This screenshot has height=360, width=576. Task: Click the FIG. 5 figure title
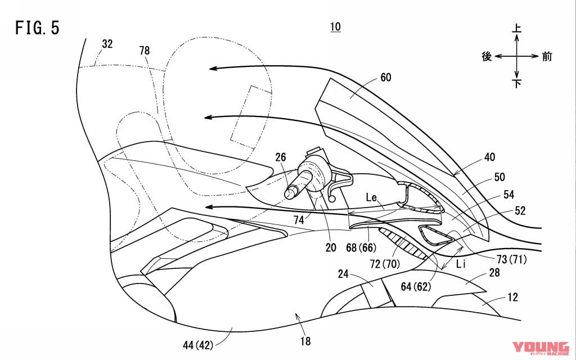point(37,29)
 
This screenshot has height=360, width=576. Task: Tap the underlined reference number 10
point(335,27)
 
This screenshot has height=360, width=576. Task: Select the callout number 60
point(385,77)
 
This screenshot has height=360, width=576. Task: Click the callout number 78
point(145,51)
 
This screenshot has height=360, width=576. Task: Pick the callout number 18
point(305,340)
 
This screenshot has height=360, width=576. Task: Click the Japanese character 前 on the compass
point(547,56)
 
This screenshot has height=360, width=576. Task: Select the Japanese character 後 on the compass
point(487,56)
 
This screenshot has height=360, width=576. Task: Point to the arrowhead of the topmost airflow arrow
point(209,69)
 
